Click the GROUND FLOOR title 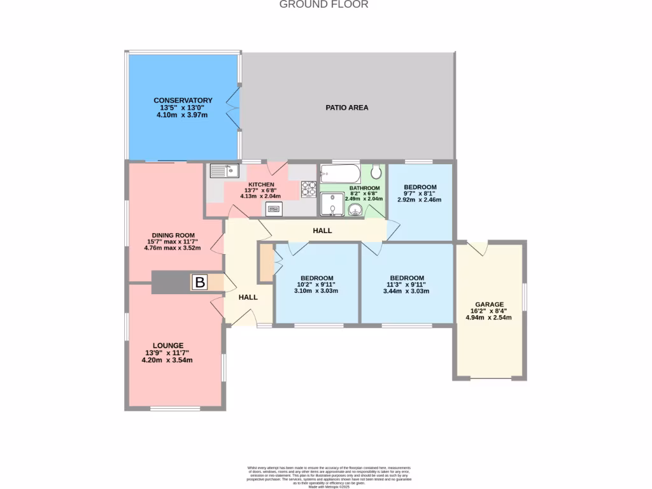click(324, 4)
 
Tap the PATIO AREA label click(347, 108)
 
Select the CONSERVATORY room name click(183, 101)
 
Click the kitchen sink click(223, 171)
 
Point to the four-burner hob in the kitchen click(309, 188)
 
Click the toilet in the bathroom click(376, 172)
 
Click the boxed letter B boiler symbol click(199, 283)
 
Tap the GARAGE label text click(489, 304)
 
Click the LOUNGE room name click(167, 345)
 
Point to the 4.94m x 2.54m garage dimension click(489, 317)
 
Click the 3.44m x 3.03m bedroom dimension click(406, 291)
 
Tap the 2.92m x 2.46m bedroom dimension click(419, 199)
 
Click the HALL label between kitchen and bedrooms click(322, 230)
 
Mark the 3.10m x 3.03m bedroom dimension click(316, 291)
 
